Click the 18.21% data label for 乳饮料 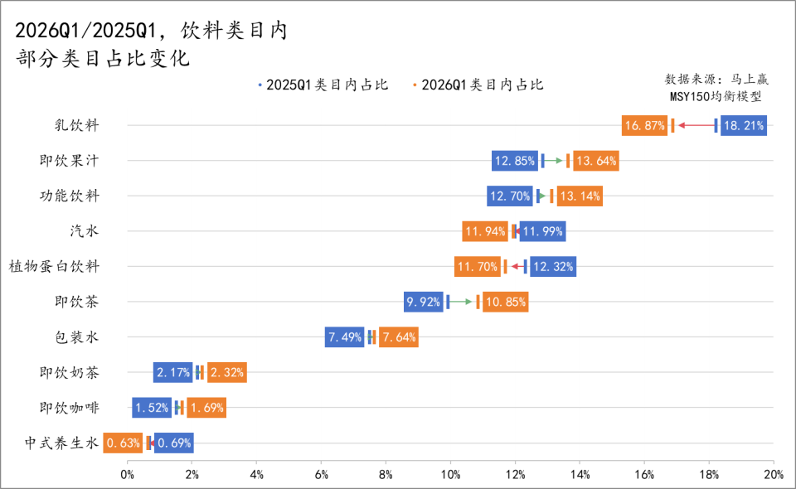743,126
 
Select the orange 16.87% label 644,126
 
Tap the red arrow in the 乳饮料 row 695,126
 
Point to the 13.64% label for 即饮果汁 595,161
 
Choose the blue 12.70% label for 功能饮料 509,196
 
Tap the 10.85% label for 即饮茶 505,302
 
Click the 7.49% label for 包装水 344,337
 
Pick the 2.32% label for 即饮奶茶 226,373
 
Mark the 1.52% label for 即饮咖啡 152,408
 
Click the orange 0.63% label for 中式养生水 123,443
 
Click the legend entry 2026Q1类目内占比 478,85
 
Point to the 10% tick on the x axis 450,475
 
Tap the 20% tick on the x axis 773,475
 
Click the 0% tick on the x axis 128,475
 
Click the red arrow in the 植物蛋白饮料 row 517,267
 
